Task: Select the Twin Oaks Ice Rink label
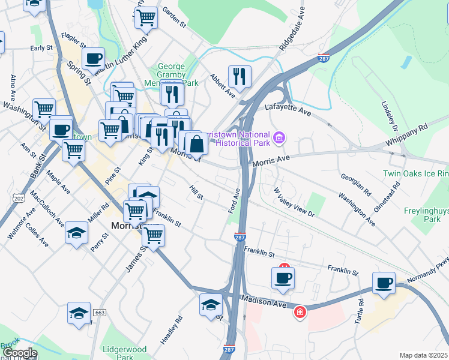coord(415,174)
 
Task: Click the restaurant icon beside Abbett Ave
coord(240,76)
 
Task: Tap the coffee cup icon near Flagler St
coord(93,59)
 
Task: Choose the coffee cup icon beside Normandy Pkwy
coord(384,283)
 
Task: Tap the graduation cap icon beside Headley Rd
coord(211,304)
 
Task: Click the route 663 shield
coord(100,313)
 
